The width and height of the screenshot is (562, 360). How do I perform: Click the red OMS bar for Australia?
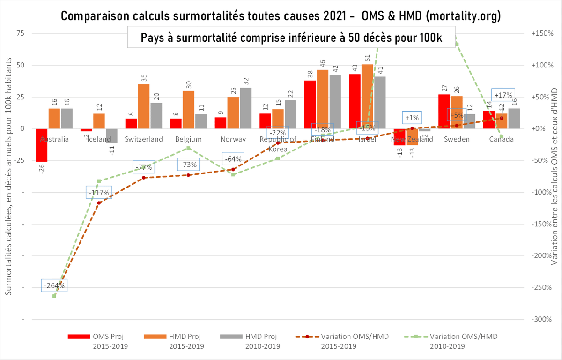pyautogui.click(x=42, y=145)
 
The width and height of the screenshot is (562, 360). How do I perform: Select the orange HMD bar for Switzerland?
pyautogui.click(x=144, y=106)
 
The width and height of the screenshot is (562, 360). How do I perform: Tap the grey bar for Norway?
pyautogui.click(x=246, y=108)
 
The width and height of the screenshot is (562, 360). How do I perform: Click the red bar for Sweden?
pyautogui.click(x=444, y=111)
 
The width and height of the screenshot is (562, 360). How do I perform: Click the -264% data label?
pyautogui.click(x=54, y=285)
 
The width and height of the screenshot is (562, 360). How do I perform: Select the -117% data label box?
pyautogui.click(x=99, y=192)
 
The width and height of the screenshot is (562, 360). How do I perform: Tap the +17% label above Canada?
pyautogui.click(x=503, y=95)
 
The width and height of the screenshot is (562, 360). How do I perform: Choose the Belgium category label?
pyautogui.click(x=188, y=139)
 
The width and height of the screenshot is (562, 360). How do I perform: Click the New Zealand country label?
pyautogui.click(x=412, y=139)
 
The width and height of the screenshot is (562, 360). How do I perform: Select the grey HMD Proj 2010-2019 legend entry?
pyautogui.click(x=249, y=341)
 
